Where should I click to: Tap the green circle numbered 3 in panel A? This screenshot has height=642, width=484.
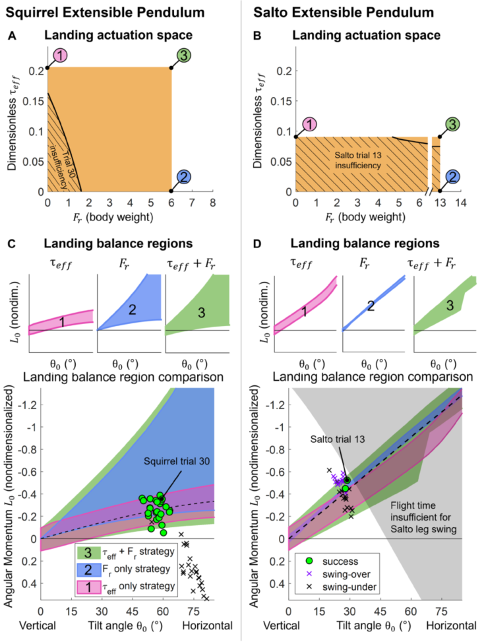coord(183,57)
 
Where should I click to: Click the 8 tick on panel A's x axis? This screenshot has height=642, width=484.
coord(212,205)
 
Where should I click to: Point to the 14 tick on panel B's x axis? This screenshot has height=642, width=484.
coord(460,205)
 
